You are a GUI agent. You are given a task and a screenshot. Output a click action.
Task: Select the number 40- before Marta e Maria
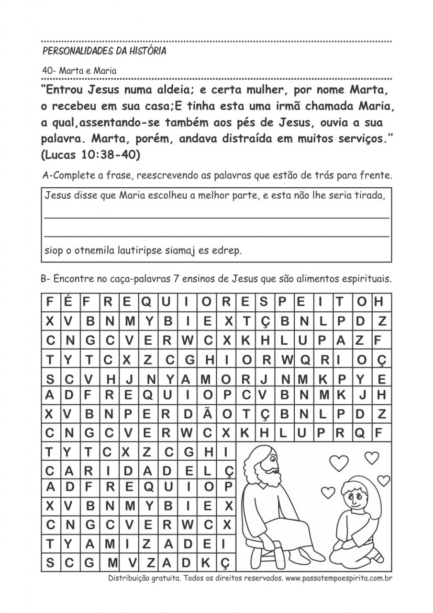(50, 70)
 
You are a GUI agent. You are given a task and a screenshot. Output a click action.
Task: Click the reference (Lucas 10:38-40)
(90, 155)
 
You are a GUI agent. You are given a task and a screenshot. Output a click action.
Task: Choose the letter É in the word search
(68, 302)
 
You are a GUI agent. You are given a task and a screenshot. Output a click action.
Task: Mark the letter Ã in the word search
(207, 413)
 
